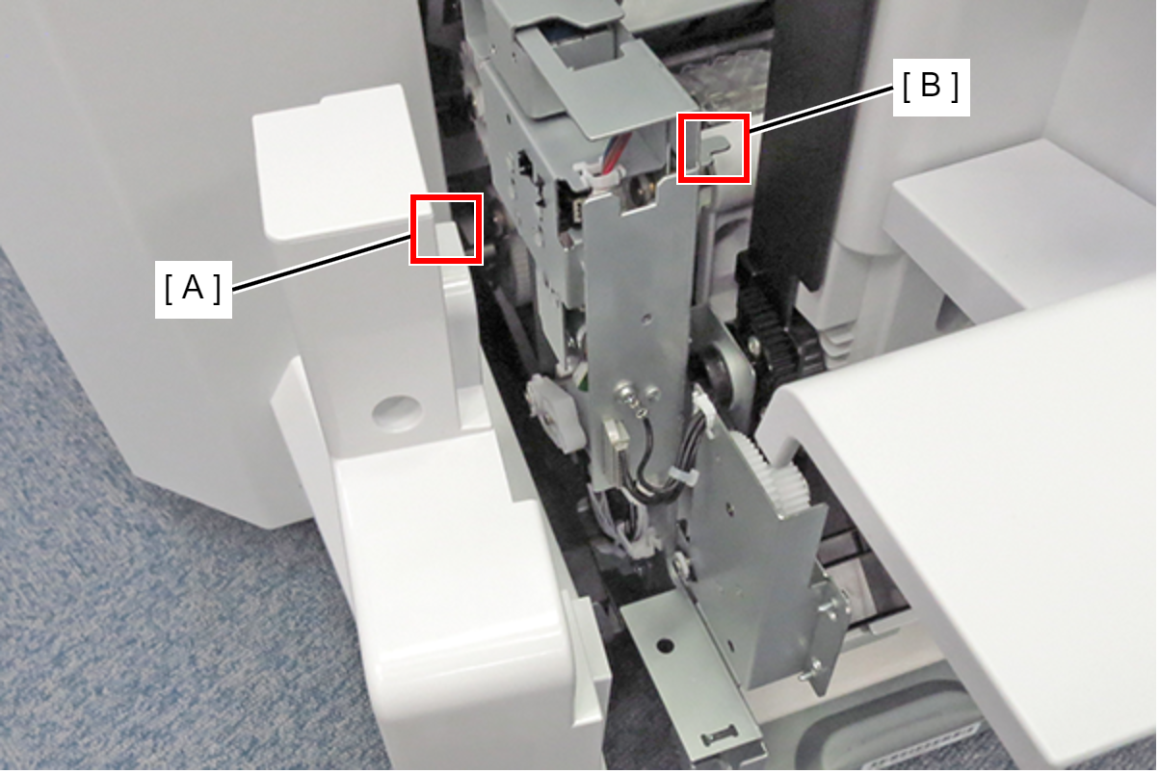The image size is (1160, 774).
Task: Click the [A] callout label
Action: [x=193, y=289]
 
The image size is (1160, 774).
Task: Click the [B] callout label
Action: [x=931, y=87]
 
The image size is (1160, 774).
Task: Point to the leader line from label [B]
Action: [x=821, y=110]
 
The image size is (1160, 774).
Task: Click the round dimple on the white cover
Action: [x=397, y=413]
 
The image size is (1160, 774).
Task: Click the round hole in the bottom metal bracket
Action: [x=665, y=645]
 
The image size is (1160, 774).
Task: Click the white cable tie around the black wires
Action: [x=682, y=477]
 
